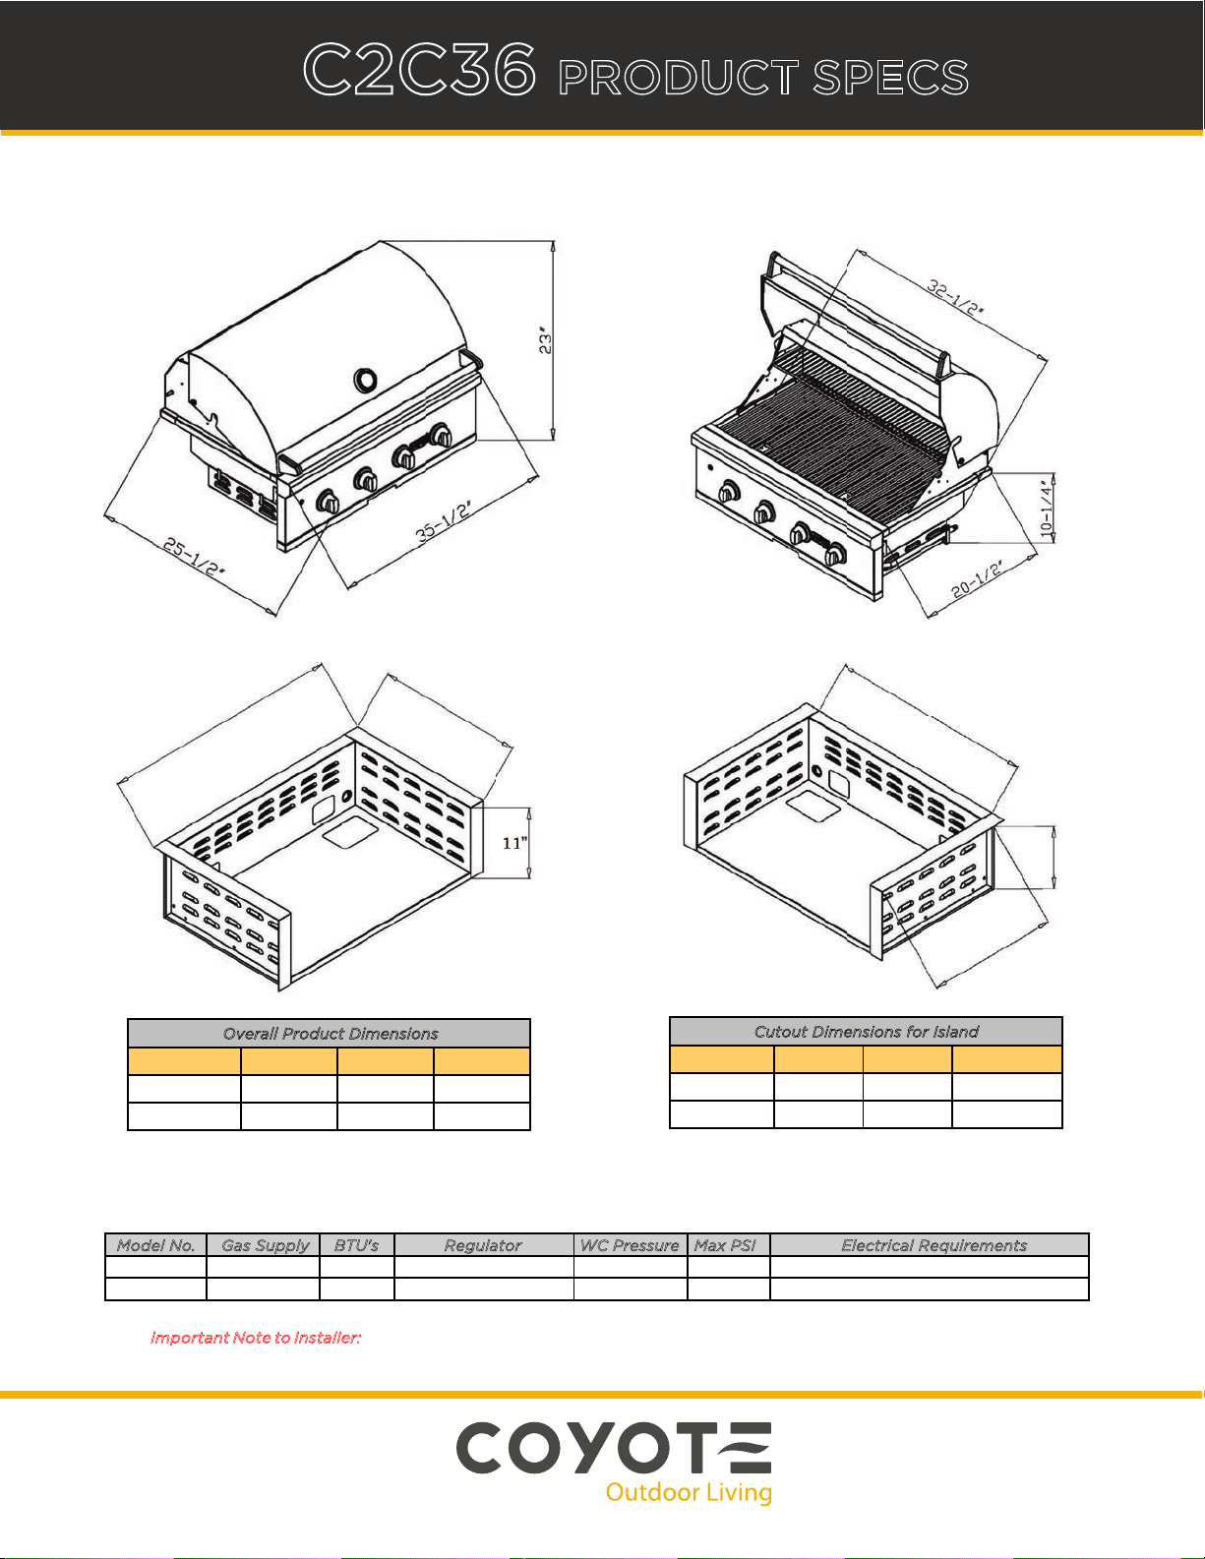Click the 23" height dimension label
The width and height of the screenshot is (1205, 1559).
[546, 340]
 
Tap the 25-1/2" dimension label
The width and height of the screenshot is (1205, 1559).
[195, 556]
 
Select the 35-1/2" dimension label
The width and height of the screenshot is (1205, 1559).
[444, 522]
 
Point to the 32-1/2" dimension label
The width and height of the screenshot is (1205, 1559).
[955, 297]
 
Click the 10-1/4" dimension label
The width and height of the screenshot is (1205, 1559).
[1047, 507]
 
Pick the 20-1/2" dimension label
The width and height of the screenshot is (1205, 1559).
[977, 579]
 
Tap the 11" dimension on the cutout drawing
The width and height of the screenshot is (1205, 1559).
[514, 843]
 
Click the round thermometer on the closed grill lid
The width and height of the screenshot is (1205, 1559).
[365, 380]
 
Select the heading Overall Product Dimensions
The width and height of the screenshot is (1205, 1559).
[330, 1033]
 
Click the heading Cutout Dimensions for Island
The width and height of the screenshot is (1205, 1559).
[866, 1031]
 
